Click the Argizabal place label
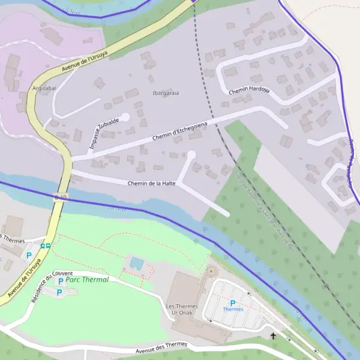tap(44, 88)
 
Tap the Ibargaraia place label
tap(166, 93)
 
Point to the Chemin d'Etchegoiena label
tap(179, 131)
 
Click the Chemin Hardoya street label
tap(249, 91)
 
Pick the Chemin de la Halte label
tap(151, 183)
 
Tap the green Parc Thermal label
tap(87, 280)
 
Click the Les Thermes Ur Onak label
tap(182, 310)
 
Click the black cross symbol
tap(274, 336)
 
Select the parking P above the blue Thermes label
tap(233, 303)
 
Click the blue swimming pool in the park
tap(136, 263)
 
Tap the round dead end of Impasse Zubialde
tap(125, 117)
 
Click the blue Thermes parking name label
tap(233, 310)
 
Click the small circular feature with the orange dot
tap(211, 271)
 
